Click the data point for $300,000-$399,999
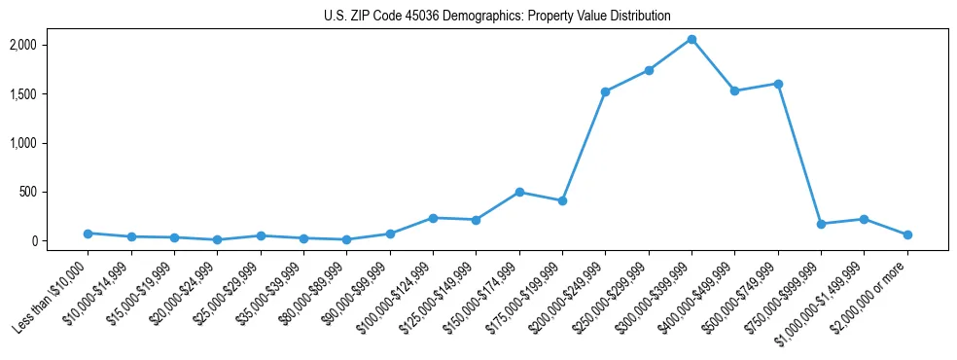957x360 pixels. pos(691,39)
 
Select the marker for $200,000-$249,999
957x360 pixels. pos(605,91)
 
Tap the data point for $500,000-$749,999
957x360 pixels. pos(778,84)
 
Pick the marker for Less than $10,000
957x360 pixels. pos(88,234)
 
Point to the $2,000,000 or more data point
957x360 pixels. pos(907,234)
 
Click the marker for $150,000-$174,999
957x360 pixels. pos(519,192)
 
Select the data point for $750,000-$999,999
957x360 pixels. pos(821,224)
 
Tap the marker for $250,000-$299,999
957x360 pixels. pos(649,70)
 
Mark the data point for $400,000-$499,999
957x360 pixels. pos(734,90)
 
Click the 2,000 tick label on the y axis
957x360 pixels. pos(51,45)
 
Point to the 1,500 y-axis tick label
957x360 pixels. pos(51,94)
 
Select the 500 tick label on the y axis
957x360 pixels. pos(55,192)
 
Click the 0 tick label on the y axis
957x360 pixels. pos(60,241)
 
